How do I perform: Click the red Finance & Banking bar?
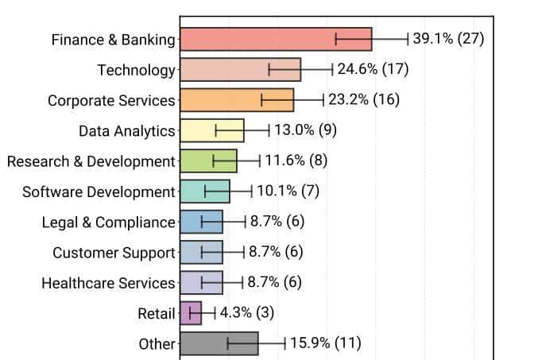(276, 39)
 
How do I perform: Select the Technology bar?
(240, 70)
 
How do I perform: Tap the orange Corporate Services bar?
(237, 100)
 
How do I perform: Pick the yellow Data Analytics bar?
(211, 130)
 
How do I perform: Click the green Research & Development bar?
(208, 161)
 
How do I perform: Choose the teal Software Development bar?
(204, 192)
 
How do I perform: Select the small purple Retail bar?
(191, 313)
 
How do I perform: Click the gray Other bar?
(219, 343)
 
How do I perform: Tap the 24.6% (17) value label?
(373, 70)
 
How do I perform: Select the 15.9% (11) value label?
(325, 343)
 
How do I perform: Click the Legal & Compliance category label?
(108, 223)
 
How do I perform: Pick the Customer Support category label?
(114, 253)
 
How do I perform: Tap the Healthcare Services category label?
(108, 283)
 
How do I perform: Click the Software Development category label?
(99, 192)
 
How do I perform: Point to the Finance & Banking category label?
(113, 40)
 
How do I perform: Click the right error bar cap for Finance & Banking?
(408, 39)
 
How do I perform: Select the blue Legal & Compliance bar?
(201, 222)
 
